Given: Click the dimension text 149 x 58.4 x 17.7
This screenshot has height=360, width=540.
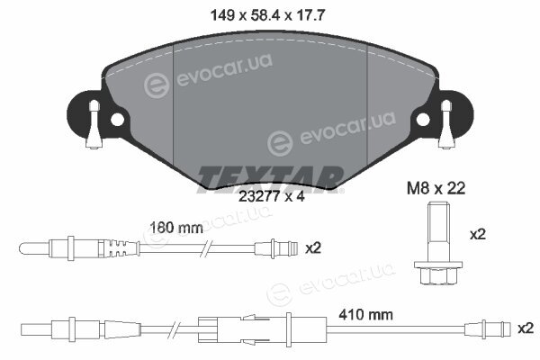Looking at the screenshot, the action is (267, 14).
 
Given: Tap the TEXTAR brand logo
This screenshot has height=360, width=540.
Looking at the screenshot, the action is (270, 179).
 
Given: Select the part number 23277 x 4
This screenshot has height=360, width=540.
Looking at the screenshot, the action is (272, 197).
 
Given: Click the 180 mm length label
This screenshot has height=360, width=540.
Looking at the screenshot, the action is (176, 228).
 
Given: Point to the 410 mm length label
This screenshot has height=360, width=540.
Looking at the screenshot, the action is (365, 314).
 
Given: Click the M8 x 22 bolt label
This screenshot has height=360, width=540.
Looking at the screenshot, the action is (436, 188).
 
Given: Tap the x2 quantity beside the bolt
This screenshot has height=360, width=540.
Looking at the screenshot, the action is (478, 235).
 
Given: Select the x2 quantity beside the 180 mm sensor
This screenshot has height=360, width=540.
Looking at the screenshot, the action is (313, 248).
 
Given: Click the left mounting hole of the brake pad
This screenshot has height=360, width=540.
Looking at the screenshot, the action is (117, 120).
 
